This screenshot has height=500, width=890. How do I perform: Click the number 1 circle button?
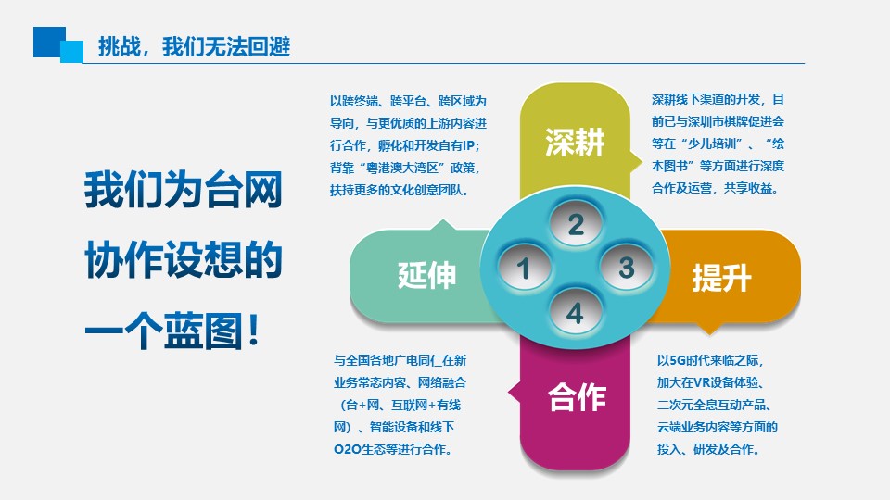pyautogui.click(x=524, y=269)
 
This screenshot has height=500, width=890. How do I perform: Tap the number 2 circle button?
pyautogui.click(x=576, y=224)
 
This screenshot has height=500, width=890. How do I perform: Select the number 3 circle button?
pyautogui.click(x=626, y=268)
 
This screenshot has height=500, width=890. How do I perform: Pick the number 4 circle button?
pyautogui.click(x=575, y=312)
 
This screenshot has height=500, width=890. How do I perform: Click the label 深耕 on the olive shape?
pyautogui.click(x=575, y=142)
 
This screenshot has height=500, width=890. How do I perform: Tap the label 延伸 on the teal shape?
pyautogui.click(x=426, y=276)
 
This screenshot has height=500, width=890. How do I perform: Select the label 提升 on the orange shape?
pyautogui.click(x=721, y=278)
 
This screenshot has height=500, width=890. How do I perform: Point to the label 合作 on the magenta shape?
pyautogui.click(x=577, y=397)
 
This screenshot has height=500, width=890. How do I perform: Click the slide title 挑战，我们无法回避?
pyautogui.click(x=194, y=46)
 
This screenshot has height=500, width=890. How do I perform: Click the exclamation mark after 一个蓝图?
pyautogui.click(x=254, y=330)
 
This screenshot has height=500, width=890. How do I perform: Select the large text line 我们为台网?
pyautogui.click(x=184, y=190)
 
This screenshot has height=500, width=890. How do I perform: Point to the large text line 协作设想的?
pyautogui.click(x=184, y=259)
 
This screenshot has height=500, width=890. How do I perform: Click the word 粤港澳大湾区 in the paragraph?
pyautogui.click(x=403, y=168)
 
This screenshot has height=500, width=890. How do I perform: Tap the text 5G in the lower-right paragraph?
pyautogui.click(x=677, y=360)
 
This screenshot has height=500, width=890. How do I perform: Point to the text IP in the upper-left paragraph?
pyautogui.click(x=469, y=145)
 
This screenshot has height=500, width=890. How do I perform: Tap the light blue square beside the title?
pyautogui.click(x=72, y=51)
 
